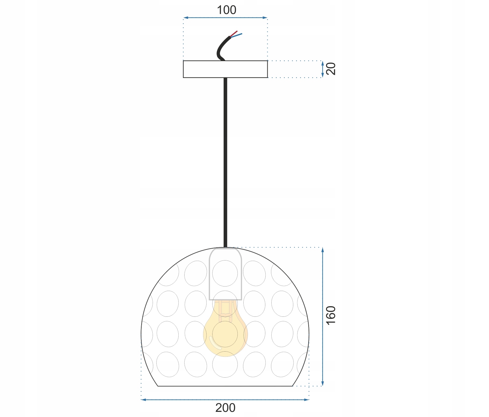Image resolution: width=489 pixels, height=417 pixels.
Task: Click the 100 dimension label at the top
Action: coord(227,10)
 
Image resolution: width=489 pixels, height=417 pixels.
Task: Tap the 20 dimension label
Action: coord(331,69)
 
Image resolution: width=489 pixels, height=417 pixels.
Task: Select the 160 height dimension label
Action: coord(331,315)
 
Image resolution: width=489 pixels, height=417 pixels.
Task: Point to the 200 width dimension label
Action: coord(225,408)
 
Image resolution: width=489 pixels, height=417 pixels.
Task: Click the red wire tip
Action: coord(237,31)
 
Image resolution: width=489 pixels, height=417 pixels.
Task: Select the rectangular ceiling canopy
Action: coord(225,69)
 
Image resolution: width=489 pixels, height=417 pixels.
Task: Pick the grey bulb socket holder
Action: coord(225,274)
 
